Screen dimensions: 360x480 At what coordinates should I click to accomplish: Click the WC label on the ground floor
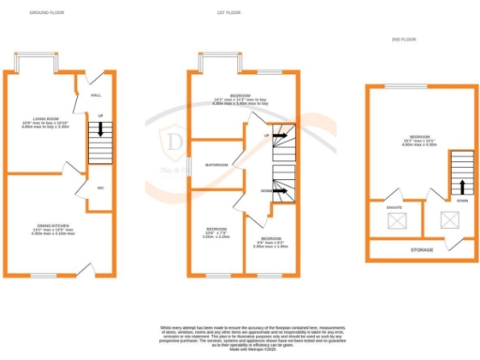click(x=99, y=187)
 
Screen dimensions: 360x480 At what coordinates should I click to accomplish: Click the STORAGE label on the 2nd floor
click(x=421, y=250)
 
